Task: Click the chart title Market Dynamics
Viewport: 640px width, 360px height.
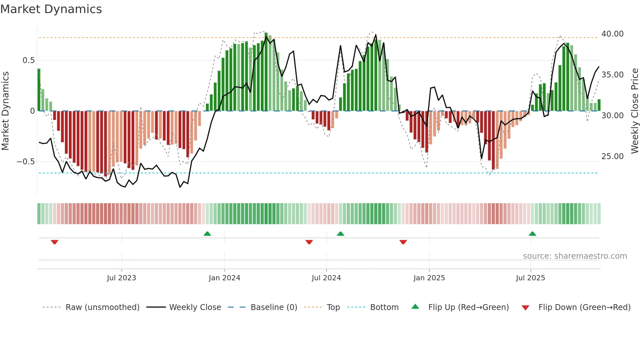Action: [51, 9]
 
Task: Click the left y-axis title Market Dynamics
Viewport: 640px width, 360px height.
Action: [5, 111]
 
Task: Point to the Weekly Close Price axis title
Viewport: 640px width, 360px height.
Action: [634, 111]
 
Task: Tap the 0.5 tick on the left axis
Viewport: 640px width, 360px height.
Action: [28, 60]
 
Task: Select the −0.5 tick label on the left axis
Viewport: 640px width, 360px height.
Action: [25, 162]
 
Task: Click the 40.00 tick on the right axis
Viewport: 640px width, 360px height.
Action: [612, 34]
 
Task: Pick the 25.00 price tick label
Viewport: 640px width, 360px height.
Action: [612, 156]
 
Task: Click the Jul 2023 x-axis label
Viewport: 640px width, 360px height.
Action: [121, 278]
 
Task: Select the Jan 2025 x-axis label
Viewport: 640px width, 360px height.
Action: [429, 278]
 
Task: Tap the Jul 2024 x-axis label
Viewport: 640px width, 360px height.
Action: [326, 278]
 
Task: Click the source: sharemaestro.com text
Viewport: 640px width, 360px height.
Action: [575, 256]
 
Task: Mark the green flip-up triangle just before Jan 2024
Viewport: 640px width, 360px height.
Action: [207, 234]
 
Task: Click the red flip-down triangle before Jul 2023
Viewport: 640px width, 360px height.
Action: [55, 242]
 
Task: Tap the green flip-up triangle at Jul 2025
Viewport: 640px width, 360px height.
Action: [532, 234]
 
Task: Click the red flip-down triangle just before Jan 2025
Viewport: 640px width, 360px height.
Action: [403, 242]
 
